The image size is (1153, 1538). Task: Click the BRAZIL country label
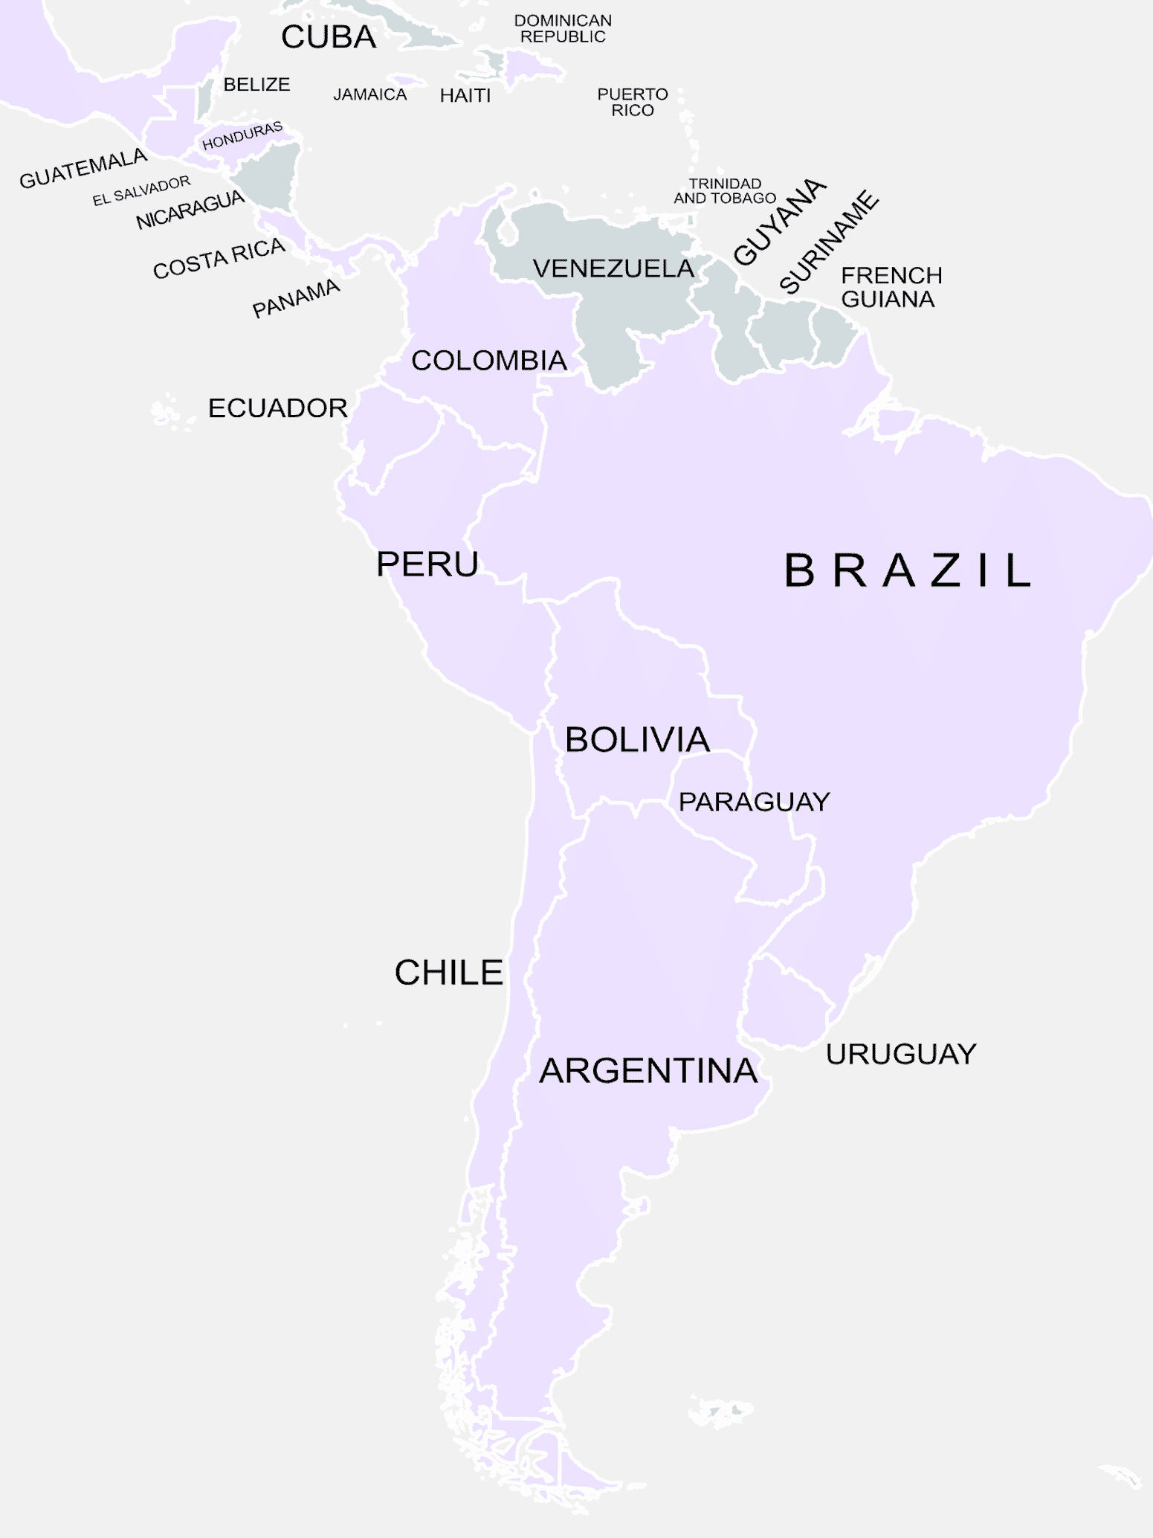[907, 570]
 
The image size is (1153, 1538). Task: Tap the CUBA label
[329, 37]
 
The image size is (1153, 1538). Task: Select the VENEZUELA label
[613, 268]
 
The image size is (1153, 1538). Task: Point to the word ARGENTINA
[648, 1071]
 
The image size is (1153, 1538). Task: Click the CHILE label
[449, 973]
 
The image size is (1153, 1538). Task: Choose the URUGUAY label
[901, 1054]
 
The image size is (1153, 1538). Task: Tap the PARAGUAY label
[754, 802]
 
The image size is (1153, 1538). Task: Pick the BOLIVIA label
[637, 740]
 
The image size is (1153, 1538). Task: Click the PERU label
[427, 564]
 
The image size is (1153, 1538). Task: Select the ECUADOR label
[277, 408]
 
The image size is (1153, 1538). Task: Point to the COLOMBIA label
[489, 361]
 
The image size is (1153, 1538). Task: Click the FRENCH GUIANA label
[891, 287]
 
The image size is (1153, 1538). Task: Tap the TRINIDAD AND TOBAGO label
[725, 191]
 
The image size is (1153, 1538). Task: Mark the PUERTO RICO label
[633, 102]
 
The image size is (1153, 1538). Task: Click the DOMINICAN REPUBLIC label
[563, 29]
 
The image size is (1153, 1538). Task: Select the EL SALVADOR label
[141, 191]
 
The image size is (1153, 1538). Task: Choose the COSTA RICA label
[219, 258]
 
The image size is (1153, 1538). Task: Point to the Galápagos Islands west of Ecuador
[165, 411]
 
